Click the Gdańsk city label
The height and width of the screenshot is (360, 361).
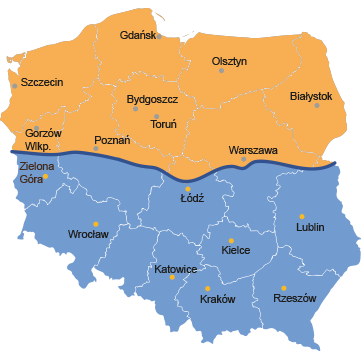tap(138, 36)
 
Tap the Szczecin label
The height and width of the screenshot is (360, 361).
tap(41, 82)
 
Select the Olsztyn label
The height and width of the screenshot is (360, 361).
tap(229, 62)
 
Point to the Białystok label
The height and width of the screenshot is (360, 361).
tap(310, 96)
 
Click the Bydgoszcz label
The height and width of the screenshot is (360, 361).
tap(153, 100)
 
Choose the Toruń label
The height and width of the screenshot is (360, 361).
tap(163, 125)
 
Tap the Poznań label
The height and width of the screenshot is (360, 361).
tap(112, 140)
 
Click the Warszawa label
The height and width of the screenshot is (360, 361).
tap(252, 150)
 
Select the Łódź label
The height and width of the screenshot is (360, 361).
tap(192, 198)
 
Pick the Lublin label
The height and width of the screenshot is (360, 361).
tap(310, 227)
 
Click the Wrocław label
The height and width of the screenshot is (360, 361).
tap(88, 234)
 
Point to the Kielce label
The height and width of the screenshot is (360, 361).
tap(235, 250)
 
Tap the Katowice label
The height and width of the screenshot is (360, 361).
tap(175, 269)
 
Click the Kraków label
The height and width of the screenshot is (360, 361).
tap(217, 298)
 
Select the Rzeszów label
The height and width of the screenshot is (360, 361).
tap(294, 298)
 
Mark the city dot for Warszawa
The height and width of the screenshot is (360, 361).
tap(243, 159)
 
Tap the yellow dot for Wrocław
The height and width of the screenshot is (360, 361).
tap(96, 223)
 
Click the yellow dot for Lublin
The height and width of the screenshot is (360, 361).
tap(302, 216)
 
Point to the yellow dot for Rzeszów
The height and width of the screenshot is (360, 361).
tap(284, 288)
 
